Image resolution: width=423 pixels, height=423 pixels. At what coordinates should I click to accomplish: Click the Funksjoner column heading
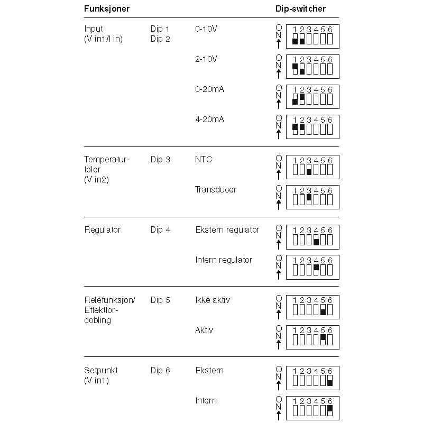pyautogui.click(x=107, y=9)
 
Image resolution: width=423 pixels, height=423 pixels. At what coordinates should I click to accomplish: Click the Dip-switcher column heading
pyautogui.click(x=300, y=9)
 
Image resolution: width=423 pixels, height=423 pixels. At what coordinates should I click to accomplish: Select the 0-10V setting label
pyautogui.click(x=206, y=29)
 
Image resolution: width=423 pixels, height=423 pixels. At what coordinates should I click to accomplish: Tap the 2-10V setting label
pyautogui.click(x=206, y=59)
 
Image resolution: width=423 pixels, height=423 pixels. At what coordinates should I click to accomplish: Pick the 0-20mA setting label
pyautogui.click(x=209, y=89)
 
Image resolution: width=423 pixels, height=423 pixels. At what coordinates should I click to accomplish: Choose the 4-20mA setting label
pyautogui.click(x=209, y=119)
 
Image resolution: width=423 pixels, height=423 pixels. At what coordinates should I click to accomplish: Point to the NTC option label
pyautogui.click(x=204, y=159)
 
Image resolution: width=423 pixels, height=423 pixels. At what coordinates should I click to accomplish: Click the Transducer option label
pyautogui.click(x=215, y=189)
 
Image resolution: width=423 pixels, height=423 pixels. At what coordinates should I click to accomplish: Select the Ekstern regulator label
pyautogui.click(x=227, y=229)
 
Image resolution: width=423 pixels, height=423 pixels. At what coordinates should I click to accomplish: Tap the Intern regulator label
pyautogui.click(x=224, y=260)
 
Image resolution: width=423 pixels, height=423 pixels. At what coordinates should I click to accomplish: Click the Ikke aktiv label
pyautogui.click(x=213, y=300)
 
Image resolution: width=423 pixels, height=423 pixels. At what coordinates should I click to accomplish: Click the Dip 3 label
pyautogui.click(x=160, y=159)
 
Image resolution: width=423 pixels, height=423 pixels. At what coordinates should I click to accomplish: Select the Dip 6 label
pyautogui.click(x=160, y=370)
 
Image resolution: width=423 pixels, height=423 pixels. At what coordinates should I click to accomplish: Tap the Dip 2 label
pyautogui.click(x=160, y=39)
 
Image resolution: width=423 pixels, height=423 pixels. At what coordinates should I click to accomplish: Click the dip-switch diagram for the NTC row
pyautogui.click(x=312, y=167)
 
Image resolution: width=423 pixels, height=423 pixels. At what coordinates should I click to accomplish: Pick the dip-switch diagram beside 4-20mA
pyautogui.click(x=312, y=127)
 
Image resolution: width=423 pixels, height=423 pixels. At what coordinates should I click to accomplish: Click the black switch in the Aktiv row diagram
pyautogui.click(x=323, y=337)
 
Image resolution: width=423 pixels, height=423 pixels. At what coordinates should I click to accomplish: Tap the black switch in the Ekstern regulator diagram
pyautogui.click(x=316, y=242)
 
